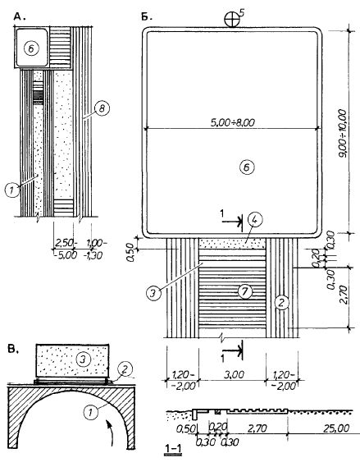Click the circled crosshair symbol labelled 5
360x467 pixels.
point(231,20)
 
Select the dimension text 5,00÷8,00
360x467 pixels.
point(233,122)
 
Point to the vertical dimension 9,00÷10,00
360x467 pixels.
point(342,133)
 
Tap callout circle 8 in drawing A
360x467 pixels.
point(102,108)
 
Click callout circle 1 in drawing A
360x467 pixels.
point(12,190)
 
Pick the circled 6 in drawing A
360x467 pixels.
point(31,49)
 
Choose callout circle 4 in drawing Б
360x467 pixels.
point(255,220)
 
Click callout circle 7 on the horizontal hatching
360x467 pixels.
point(244,291)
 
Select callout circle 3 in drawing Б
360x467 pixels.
point(153,293)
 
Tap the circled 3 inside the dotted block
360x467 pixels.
point(83,359)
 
